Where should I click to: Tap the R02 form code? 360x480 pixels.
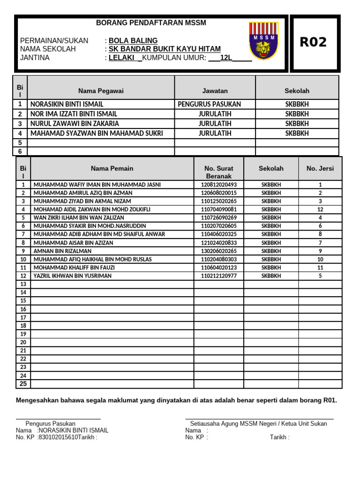313,43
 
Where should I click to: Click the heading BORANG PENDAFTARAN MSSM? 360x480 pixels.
151,23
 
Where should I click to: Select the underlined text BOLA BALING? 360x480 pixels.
133,41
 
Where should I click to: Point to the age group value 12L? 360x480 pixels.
226,58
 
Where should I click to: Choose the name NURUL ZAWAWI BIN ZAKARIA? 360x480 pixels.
75,124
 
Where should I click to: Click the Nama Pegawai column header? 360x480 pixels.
101,91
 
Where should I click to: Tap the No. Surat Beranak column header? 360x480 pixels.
218,172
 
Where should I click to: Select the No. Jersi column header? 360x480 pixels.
320,168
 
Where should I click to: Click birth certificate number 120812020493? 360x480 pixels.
218,185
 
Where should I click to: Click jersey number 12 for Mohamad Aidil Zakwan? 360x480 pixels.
320,210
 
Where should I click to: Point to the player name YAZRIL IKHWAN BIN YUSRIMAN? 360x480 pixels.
73,276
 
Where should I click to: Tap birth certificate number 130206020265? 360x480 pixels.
218,251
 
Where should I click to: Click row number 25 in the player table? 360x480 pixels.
23,384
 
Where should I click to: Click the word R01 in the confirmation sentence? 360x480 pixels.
329,400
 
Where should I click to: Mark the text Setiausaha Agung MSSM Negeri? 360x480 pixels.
233,423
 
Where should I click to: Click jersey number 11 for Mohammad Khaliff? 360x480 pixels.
320,268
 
